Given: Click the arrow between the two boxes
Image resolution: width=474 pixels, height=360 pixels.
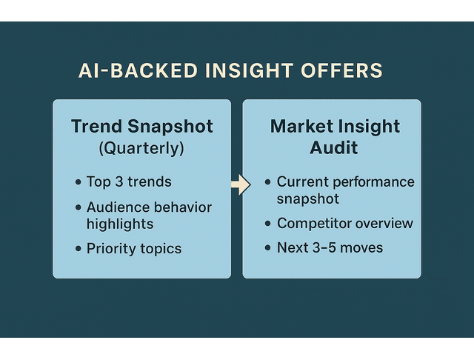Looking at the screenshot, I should click(x=240, y=185).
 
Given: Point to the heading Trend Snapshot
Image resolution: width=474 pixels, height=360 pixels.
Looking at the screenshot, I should click(x=141, y=126).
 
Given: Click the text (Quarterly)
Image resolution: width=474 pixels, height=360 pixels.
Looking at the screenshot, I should click(x=141, y=148).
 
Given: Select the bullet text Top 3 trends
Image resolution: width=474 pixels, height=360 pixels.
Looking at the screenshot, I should click(x=129, y=182).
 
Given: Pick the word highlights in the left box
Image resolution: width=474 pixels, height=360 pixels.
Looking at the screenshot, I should click(x=120, y=224).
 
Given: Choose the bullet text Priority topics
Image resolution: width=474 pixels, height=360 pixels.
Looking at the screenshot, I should click(x=134, y=248).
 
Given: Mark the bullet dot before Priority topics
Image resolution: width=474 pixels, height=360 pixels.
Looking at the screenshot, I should click(x=78, y=249).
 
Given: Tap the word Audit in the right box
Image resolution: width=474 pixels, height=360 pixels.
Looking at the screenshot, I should click(x=333, y=147).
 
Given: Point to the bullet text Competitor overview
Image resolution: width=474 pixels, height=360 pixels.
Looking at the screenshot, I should click(x=344, y=224).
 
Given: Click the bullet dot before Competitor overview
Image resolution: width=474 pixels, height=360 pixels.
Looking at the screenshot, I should click(x=267, y=224).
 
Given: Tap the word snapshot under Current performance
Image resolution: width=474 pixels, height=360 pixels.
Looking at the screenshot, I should click(x=308, y=199).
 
